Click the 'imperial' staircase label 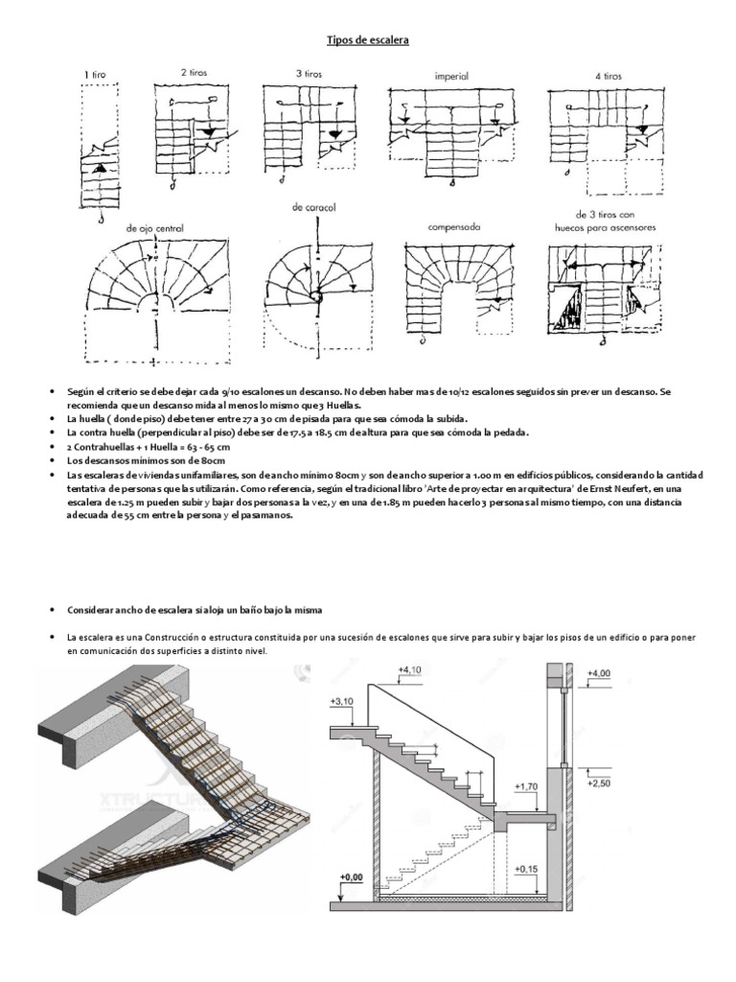point(452,74)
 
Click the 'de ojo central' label point(154,227)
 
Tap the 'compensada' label point(453,226)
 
